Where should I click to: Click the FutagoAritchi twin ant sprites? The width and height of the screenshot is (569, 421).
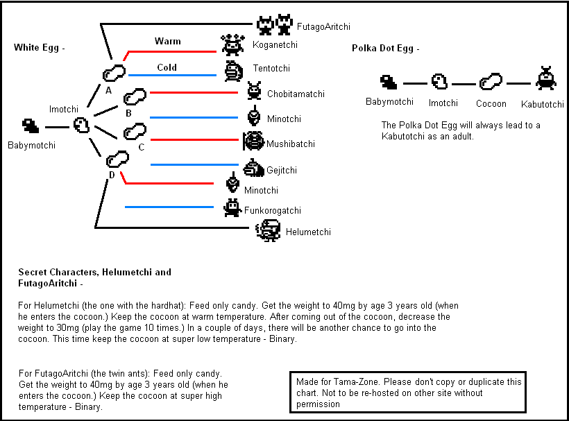275,25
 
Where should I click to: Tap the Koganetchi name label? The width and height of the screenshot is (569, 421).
275,44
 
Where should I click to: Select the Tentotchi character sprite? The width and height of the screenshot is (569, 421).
233,71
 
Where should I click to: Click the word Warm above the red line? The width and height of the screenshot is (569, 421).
168,41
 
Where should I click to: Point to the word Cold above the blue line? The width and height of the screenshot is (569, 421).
167,67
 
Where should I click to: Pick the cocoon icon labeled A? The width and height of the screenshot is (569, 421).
114,73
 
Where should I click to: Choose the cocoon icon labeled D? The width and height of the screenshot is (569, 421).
117,159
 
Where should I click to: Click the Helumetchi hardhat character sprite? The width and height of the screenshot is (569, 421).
268,230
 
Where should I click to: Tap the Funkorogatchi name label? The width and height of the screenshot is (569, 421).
273,210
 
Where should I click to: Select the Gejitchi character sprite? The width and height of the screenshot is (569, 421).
254,168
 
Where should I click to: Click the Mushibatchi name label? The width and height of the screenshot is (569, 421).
291,144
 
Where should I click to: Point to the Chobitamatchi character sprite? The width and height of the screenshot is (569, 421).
254,91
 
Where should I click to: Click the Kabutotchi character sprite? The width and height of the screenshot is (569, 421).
546,78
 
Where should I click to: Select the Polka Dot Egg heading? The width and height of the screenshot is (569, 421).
385,49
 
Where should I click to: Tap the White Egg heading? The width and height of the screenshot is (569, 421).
39,47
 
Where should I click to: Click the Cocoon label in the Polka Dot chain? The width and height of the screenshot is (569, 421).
491,104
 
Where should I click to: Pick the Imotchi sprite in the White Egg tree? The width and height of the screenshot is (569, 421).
81,125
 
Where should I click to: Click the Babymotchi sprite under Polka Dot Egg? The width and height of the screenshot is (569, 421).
389,82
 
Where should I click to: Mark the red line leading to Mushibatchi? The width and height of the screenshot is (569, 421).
194,139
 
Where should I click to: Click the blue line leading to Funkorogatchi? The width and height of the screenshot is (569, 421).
169,207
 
